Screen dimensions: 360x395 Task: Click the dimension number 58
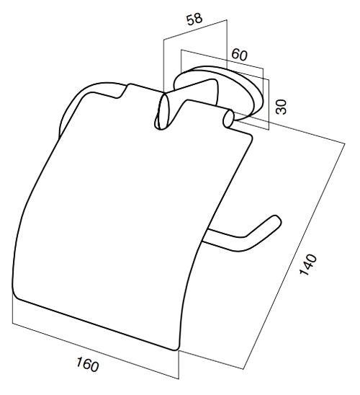(194, 19)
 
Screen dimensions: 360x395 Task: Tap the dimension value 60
(239, 55)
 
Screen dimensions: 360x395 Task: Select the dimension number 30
(281, 107)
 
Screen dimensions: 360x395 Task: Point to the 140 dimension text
(307, 265)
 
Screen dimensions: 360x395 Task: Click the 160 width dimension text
(88, 364)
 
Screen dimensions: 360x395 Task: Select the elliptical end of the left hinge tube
(161, 111)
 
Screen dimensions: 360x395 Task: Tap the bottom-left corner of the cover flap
(16, 296)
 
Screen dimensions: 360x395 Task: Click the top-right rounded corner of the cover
(250, 136)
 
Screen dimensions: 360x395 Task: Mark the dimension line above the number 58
(195, 30)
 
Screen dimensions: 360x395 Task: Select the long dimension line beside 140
(294, 256)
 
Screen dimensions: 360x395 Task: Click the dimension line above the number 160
(96, 350)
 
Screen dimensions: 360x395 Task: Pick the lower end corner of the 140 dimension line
(243, 369)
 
